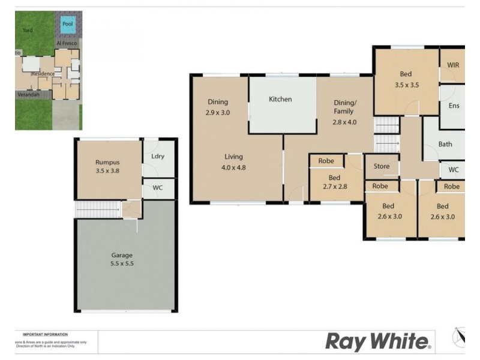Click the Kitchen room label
[280, 99]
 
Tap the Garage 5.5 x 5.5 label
[122, 260]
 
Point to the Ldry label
[158, 157]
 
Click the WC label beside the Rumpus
[158, 188]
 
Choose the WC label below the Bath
[454, 170]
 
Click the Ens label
[454, 106]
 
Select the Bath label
[445, 144]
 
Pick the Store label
[382, 166]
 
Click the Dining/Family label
[344, 112]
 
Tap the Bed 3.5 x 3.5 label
[406, 79]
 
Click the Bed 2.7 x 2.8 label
[334, 182]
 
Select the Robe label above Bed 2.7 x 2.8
[326, 161]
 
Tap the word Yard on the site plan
[28, 30]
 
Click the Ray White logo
[378, 342]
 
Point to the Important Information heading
[45, 334]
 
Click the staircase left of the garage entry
[96, 209]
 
